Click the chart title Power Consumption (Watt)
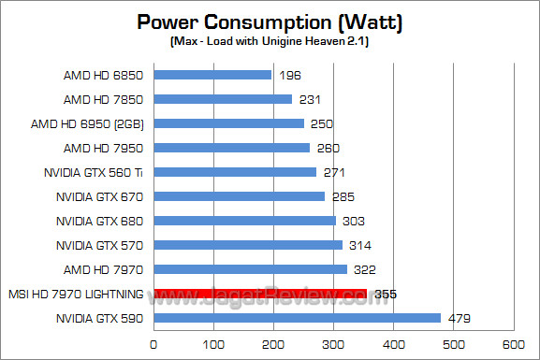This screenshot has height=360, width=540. click(x=270, y=22)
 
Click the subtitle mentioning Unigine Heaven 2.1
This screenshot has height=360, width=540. click(x=270, y=42)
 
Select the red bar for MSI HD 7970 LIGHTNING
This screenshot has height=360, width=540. click(x=259, y=294)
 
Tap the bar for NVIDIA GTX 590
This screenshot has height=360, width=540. click(x=297, y=318)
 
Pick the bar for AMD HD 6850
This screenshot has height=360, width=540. click(x=212, y=75)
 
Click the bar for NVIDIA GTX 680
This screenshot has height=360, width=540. click(x=244, y=221)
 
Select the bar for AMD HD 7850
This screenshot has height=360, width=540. click(x=223, y=99)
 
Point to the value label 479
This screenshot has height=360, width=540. click(x=459, y=319)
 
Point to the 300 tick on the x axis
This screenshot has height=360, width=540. click(x=333, y=343)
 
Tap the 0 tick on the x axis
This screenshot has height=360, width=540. click(x=153, y=343)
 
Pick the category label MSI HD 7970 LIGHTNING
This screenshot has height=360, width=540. click(x=74, y=294)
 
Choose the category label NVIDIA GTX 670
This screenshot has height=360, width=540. click(x=98, y=196)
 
